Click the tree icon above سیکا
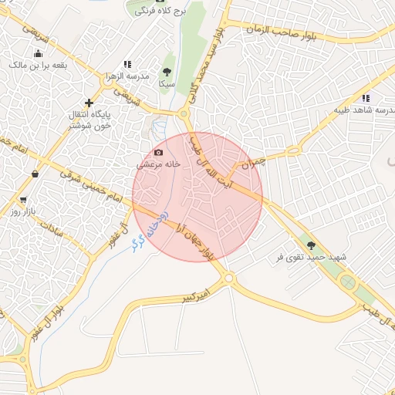click(x=167, y=72)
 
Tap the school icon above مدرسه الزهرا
click(x=127, y=65)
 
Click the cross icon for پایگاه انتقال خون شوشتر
click(x=89, y=102)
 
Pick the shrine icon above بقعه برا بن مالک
click(x=38, y=53)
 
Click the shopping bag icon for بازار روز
click(x=35, y=174)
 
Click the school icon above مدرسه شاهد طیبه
click(x=366, y=98)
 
